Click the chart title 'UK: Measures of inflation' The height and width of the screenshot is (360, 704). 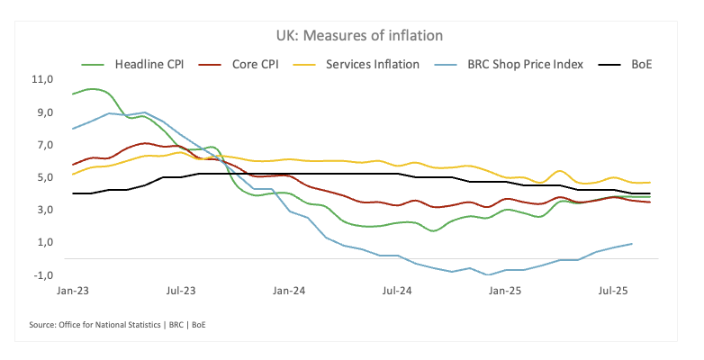pyautogui.click(x=352, y=36)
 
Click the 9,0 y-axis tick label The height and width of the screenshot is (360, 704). pyautogui.click(x=43, y=112)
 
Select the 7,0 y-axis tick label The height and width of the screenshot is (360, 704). pyautogui.click(x=43, y=145)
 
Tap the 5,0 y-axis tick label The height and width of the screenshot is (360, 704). pyautogui.click(x=43, y=177)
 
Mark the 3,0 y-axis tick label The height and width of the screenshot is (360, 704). pyautogui.click(x=43, y=210)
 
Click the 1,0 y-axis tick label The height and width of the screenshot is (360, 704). pyautogui.click(x=43, y=242)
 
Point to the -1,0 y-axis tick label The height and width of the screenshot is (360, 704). pyautogui.click(x=41, y=274)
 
